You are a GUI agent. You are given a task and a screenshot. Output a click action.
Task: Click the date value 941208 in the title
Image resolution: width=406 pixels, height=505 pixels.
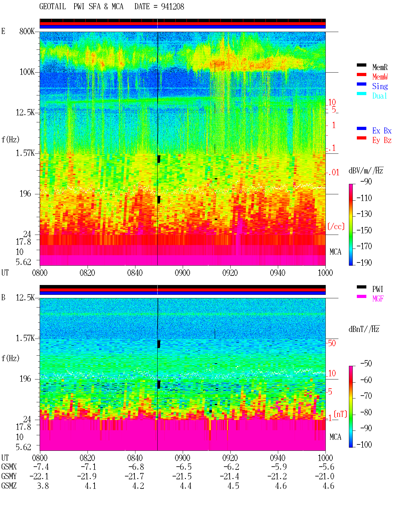(x=172, y=7)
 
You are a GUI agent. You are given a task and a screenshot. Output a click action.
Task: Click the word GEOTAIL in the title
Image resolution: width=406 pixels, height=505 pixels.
(x=53, y=7)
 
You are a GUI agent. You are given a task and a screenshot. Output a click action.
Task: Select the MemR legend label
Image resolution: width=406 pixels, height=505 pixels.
(x=380, y=67)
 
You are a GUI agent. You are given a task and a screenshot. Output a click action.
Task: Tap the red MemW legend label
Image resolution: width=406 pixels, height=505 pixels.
(x=380, y=77)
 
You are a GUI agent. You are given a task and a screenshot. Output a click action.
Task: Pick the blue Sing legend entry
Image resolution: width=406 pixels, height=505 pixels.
(x=380, y=86)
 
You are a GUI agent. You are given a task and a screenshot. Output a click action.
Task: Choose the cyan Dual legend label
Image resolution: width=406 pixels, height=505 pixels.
(x=380, y=96)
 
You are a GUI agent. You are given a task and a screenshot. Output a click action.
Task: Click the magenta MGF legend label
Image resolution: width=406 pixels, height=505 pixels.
(x=378, y=299)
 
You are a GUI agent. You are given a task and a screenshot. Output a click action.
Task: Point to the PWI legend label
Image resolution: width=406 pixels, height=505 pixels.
(x=378, y=289)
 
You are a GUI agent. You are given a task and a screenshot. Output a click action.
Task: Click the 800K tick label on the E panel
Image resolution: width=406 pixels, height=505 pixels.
(x=27, y=31)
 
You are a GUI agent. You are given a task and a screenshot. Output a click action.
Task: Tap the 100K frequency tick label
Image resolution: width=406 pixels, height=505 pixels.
(x=27, y=72)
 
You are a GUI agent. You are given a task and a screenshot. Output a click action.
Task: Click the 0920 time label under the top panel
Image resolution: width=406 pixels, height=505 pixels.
(x=230, y=273)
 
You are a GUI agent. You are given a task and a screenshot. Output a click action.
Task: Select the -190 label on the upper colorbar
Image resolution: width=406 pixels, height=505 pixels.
(x=364, y=262)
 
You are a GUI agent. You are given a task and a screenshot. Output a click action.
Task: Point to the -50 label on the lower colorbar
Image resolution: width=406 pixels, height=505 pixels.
(x=366, y=364)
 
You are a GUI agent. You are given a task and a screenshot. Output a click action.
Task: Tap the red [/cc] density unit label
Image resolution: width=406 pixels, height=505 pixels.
(x=336, y=226)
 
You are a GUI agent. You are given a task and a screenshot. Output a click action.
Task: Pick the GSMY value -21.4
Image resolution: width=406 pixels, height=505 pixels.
(x=229, y=476)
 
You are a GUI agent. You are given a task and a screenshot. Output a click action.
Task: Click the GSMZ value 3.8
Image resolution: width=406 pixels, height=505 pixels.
(x=43, y=486)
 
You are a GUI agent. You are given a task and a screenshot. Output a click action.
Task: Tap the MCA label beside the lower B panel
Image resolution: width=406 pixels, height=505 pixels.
(x=335, y=437)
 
